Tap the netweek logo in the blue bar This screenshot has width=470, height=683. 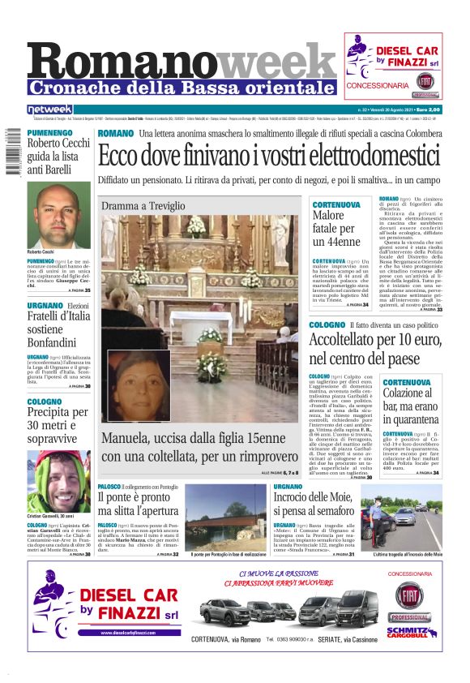tap(50, 110)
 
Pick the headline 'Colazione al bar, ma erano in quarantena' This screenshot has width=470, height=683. tap(412, 407)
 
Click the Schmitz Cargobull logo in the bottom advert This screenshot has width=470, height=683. tap(411, 630)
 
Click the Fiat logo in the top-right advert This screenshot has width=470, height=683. tap(425, 81)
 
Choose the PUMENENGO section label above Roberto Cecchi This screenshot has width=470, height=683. tap(49, 132)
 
